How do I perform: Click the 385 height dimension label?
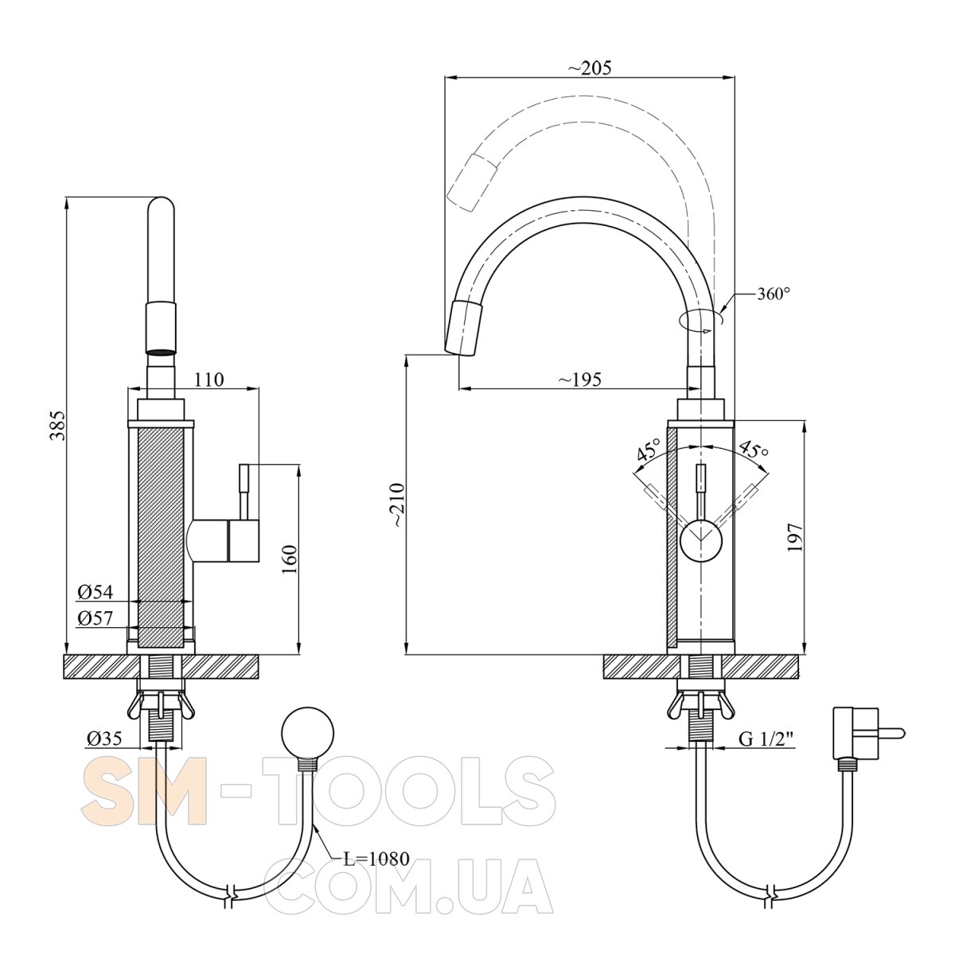59,425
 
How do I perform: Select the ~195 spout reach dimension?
580,379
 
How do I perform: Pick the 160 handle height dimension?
289,559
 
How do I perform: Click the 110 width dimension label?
209,379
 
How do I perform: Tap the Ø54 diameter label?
95,591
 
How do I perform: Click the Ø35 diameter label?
104,739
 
